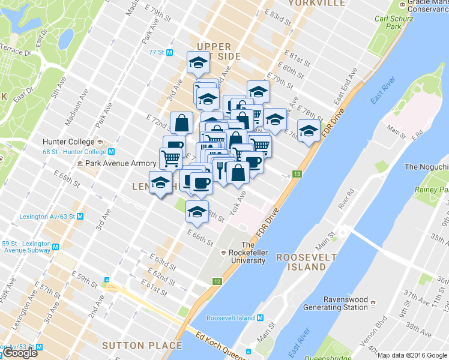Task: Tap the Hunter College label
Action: point(68,142)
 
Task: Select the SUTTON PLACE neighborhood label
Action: point(142,346)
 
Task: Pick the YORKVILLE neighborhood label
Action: point(316,3)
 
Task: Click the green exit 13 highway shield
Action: point(297,175)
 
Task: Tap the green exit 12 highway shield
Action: point(217,281)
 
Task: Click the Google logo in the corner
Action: point(20,353)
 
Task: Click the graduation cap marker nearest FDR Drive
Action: point(309,131)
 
